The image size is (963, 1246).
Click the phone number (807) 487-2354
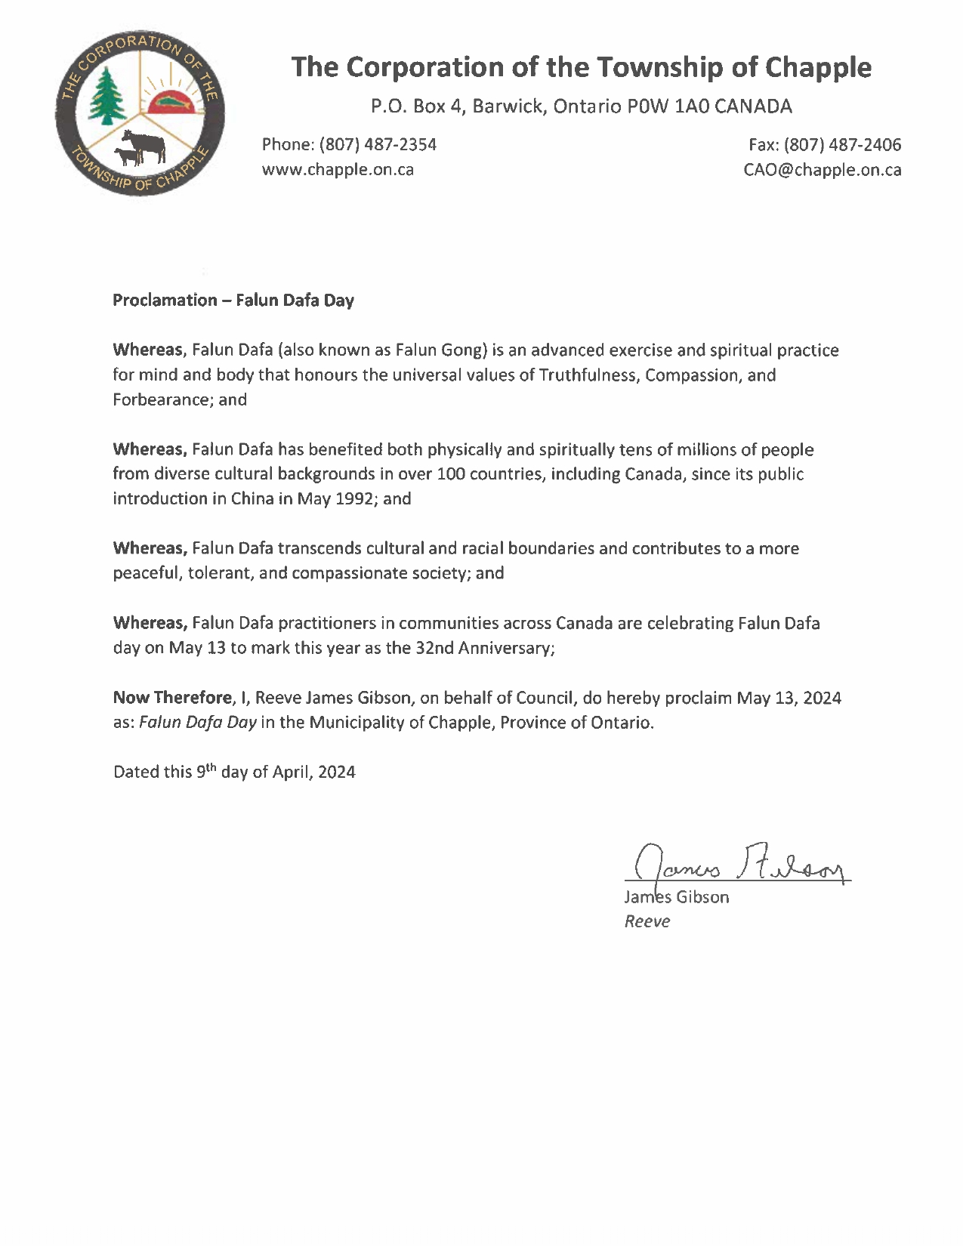coord(378,144)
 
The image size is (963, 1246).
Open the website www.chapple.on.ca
coord(338,169)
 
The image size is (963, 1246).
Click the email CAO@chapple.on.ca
coord(822,169)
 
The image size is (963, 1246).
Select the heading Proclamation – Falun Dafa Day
coord(233,300)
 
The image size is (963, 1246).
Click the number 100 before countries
coord(451,474)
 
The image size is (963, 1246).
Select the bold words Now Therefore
coord(172,698)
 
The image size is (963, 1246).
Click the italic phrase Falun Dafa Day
coord(198,722)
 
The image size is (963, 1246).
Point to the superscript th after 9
coord(211,767)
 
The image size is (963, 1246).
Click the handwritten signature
coord(740,863)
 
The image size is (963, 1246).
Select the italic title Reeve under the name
coord(647,921)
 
